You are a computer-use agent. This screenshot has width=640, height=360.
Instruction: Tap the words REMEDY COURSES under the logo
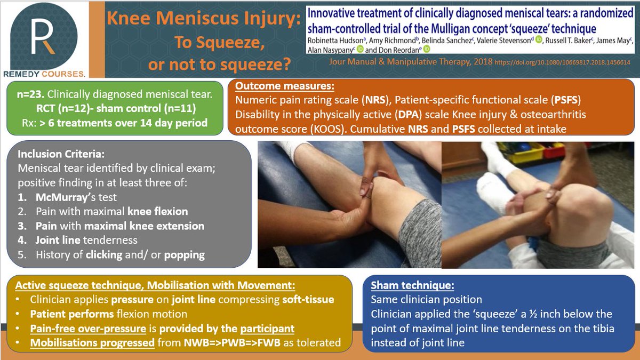[x=44, y=74]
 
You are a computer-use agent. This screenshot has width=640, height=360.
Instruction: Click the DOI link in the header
[x=562, y=62]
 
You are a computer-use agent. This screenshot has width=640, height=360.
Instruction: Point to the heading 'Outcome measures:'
[x=285, y=86]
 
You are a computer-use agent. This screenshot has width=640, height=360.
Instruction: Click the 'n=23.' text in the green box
[x=30, y=94]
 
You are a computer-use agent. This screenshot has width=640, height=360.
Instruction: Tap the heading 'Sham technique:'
[x=412, y=285]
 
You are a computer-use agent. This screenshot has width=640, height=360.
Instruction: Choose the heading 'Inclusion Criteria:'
[x=61, y=154]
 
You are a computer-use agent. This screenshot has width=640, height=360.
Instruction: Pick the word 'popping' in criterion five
[x=185, y=255]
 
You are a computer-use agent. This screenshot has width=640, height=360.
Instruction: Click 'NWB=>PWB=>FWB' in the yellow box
[x=232, y=342]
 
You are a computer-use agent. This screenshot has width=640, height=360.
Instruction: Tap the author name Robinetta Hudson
[x=335, y=41]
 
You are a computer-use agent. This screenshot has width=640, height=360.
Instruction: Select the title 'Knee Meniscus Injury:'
[x=204, y=18]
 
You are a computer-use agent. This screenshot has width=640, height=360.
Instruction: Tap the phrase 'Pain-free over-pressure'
[x=88, y=329]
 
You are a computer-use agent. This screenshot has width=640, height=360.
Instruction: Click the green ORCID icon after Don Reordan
[x=427, y=49]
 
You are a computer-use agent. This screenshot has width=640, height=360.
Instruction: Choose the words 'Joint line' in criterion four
[x=58, y=240]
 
